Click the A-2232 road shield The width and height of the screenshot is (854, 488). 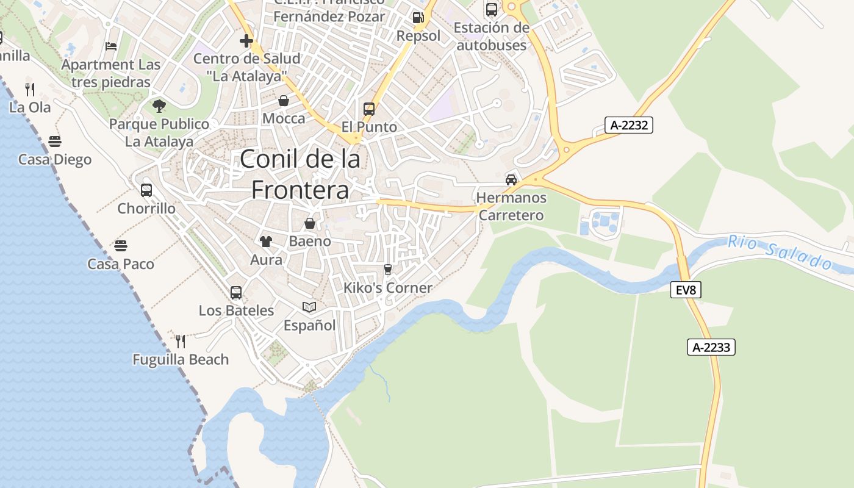click(629, 125)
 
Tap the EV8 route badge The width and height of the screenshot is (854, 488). click(686, 290)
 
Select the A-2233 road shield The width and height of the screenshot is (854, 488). click(711, 347)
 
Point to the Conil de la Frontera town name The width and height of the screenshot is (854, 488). click(300, 174)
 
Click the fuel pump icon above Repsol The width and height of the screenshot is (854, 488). click(418, 17)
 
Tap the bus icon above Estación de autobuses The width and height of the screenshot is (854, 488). click(491, 9)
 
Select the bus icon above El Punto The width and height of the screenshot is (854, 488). click(369, 109)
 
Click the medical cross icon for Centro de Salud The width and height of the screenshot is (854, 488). click(246, 41)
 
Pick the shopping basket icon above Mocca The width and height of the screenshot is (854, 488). click(284, 100)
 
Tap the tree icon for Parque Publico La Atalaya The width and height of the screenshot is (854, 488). click(159, 106)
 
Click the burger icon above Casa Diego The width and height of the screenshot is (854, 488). click(55, 142)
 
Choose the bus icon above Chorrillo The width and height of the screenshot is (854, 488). click(146, 190)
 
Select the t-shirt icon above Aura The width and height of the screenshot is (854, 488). click(266, 241)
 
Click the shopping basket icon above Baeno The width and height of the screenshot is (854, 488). click(310, 223)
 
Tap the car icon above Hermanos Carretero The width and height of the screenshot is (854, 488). click(511, 179)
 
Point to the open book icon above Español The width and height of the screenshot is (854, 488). click(309, 307)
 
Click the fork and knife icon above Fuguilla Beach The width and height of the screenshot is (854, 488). click(181, 341)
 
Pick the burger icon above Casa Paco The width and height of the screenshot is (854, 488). click(121, 246)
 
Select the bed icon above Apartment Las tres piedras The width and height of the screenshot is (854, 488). click(110, 46)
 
